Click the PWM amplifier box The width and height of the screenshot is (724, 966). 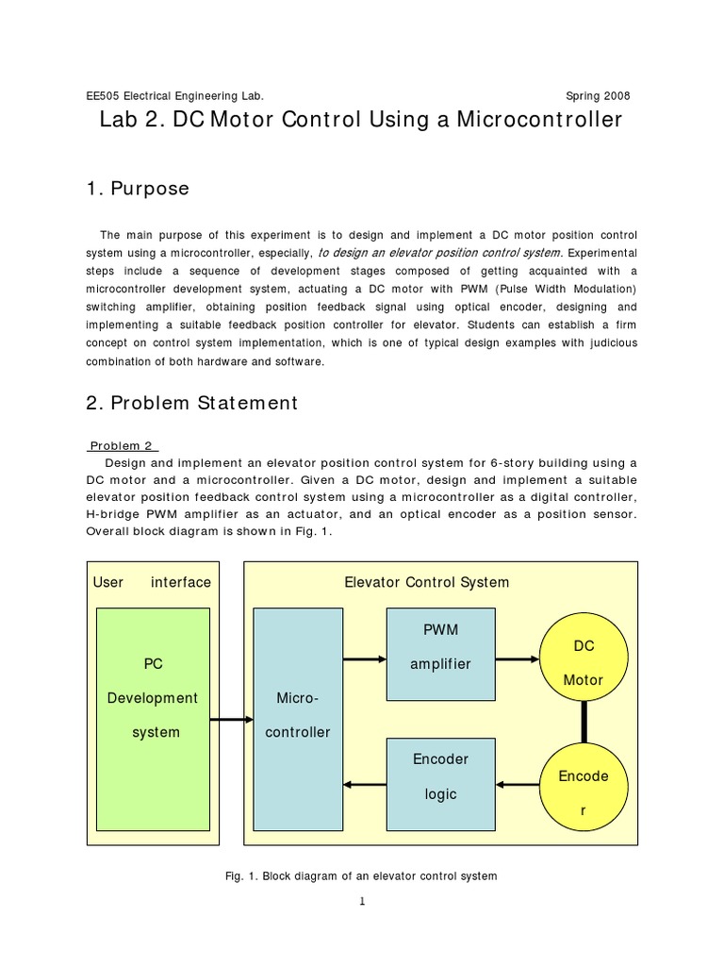pyautogui.click(x=440, y=654)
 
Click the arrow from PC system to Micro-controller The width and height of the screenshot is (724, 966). pyautogui.click(x=230, y=720)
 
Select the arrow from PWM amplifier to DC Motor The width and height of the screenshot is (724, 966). pyautogui.click(x=515, y=659)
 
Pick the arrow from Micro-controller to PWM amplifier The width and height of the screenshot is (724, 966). pyautogui.click(x=365, y=659)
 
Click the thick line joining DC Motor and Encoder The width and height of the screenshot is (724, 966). pyautogui.click(x=584, y=723)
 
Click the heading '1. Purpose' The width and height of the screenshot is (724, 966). pyautogui.click(x=138, y=189)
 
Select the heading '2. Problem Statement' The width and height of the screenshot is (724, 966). pyautogui.click(x=191, y=403)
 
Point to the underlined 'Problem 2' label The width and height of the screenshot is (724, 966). pyautogui.click(x=123, y=445)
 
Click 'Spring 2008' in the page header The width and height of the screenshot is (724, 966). pyautogui.click(x=598, y=96)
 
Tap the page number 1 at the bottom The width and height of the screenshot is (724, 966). pyautogui.click(x=362, y=902)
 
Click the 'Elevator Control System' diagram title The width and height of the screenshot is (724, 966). pyautogui.click(x=427, y=582)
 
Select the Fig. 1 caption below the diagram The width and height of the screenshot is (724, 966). pyautogui.click(x=362, y=876)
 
